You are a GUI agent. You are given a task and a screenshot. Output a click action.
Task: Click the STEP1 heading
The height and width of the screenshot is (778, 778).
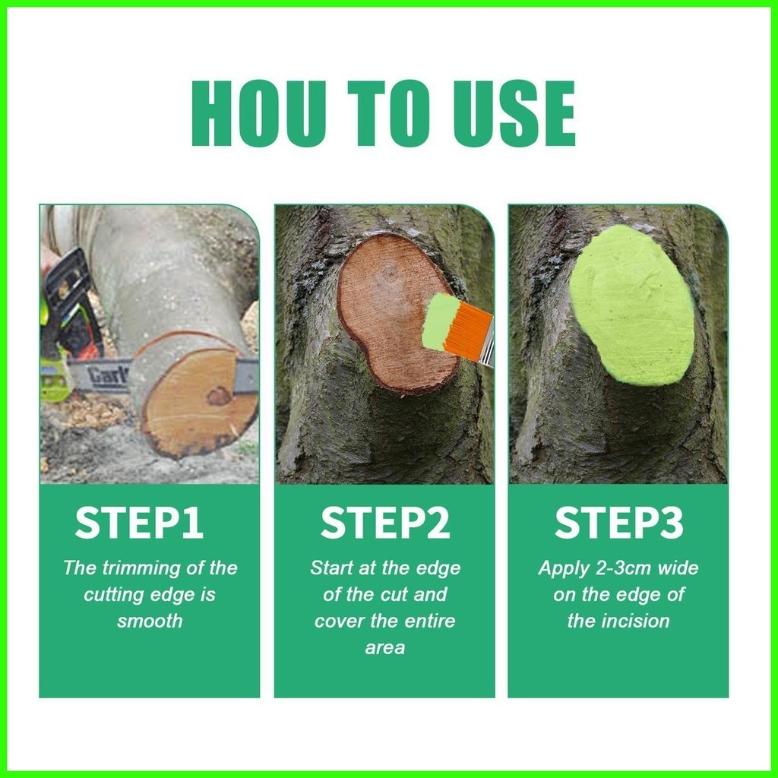(140, 523)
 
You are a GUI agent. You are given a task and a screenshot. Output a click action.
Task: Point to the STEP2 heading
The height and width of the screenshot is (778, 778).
(385, 523)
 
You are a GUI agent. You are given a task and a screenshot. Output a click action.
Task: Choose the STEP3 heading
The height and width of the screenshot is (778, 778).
(618, 523)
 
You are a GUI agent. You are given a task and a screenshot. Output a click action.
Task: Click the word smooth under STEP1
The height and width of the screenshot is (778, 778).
(150, 621)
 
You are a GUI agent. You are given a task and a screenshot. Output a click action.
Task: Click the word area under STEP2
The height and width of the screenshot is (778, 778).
(385, 648)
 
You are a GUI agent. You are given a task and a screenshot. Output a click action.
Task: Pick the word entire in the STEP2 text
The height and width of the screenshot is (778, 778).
(432, 621)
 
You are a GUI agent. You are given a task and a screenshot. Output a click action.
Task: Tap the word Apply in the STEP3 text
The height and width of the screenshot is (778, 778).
(565, 568)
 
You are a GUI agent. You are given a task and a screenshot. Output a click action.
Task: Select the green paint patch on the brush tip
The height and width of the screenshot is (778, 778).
(439, 321)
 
